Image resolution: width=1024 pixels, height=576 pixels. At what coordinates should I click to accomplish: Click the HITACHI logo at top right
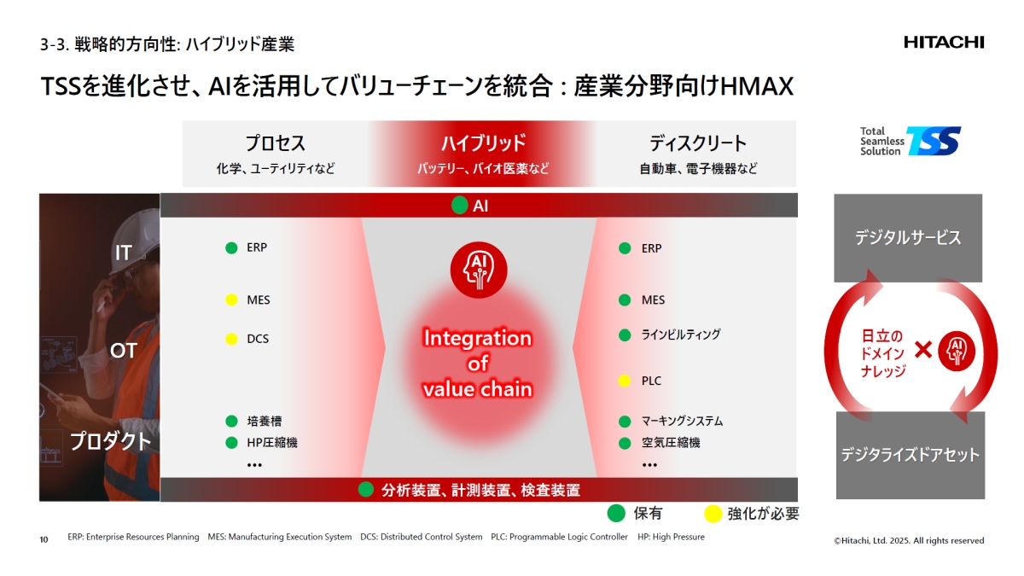click(x=944, y=42)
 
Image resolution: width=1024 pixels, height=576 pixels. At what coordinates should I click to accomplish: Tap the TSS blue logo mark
click(x=934, y=141)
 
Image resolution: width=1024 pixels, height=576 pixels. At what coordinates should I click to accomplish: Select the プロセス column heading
click(x=275, y=143)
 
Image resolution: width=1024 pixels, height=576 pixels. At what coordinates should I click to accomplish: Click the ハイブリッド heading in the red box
click(x=483, y=143)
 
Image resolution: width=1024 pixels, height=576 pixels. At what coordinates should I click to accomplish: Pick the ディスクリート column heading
click(x=698, y=143)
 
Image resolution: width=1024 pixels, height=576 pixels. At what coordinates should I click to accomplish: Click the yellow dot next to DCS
click(x=231, y=339)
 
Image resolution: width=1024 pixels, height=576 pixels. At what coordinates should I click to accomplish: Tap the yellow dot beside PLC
click(x=625, y=381)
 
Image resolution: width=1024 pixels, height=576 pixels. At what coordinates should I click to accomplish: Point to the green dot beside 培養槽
click(x=231, y=421)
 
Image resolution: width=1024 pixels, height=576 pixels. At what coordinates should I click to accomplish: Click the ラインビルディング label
click(x=681, y=335)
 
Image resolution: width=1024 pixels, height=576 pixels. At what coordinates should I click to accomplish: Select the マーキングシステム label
click(x=682, y=421)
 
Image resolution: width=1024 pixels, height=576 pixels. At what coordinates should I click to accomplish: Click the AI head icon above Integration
click(x=478, y=270)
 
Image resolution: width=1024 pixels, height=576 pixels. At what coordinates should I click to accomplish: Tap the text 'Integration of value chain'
click(x=478, y=364)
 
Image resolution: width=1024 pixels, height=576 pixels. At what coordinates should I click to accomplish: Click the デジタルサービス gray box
click(x=908, y=238)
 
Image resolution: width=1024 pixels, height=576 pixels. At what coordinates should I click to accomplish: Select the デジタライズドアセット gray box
click(x=910, y=455)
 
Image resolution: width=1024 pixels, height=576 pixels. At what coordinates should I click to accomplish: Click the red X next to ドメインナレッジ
click(x=922, y=349)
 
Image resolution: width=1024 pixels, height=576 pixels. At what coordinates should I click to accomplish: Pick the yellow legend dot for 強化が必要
click(x=712, y=514)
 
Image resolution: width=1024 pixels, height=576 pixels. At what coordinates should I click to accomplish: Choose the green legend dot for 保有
click(x=615, y=514)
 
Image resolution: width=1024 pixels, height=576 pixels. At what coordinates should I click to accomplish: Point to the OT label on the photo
click(x=123, y=351)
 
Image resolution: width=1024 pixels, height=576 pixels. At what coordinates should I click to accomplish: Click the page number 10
click(x=44, y=539)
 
